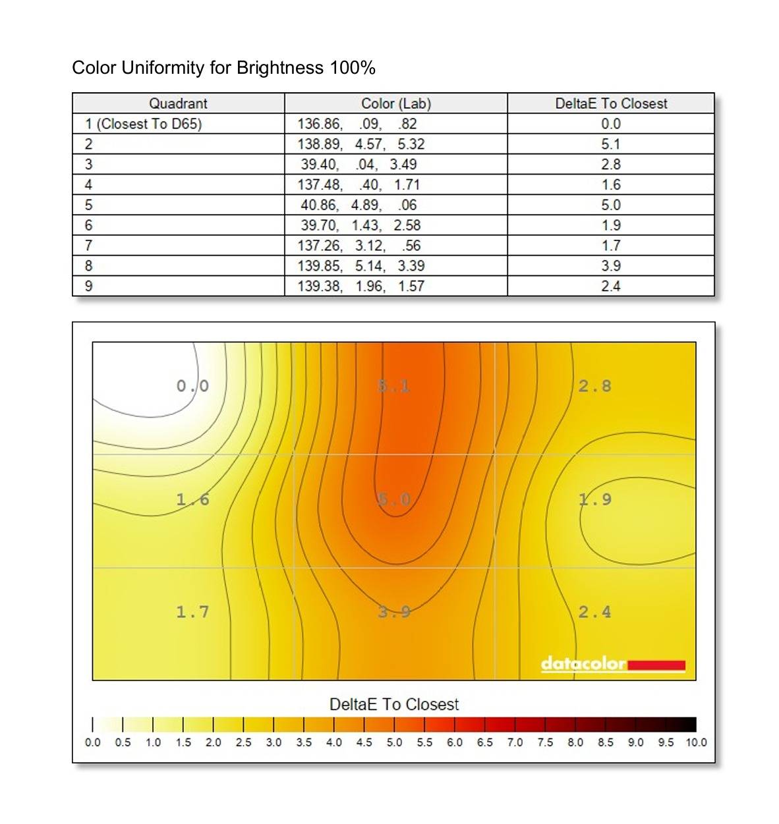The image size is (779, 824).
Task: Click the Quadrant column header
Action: coord(178,103)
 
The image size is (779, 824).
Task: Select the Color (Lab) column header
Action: coord(395,103)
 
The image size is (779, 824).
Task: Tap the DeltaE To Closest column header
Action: coord(611,103)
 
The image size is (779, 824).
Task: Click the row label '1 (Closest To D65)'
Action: coord(144,124)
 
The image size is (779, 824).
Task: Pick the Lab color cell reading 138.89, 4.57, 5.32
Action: coord(361,144)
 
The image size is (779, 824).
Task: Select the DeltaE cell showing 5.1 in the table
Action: coord(611,144)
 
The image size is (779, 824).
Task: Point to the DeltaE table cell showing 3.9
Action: coord(611,266)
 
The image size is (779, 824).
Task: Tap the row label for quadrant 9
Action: coord(89,287)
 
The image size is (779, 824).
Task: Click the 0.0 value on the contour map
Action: coord(192,386)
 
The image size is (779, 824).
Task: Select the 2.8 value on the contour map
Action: coord(594,386)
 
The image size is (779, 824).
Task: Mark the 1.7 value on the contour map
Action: coord(192,613)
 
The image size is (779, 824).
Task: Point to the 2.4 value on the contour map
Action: coord(594,613)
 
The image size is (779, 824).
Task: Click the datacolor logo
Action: coord(612,664)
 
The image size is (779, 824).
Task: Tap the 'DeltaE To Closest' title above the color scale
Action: coord(394,704)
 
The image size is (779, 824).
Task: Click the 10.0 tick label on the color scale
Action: coord(696,742)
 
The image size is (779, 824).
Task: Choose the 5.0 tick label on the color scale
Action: coord(394,742)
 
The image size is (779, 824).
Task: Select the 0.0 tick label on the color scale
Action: coord(93,742)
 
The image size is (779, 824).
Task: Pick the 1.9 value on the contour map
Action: coord(594,499)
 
